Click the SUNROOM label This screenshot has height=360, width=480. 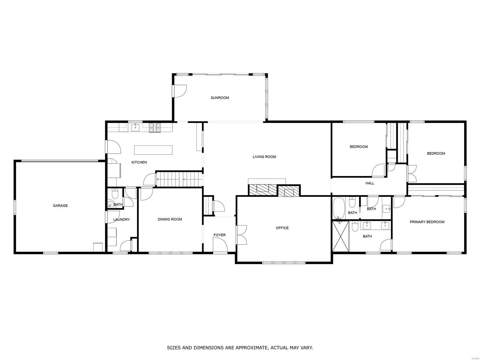click(220, 98)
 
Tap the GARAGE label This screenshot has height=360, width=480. click(60, 205)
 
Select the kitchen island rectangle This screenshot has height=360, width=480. click(153, 150)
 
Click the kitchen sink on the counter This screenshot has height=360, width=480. click(136, 127)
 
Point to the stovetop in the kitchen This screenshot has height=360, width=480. click(155, 128)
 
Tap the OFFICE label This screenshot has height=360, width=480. click(282, 228)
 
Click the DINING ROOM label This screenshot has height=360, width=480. click(170, 219)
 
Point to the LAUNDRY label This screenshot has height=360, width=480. click(121, 220)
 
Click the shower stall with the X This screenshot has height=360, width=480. click(340, 236)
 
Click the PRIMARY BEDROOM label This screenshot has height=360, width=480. click(427, 222)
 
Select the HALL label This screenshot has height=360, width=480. click(370, 183)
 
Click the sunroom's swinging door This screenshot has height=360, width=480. click(180, 91)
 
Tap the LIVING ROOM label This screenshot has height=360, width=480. click(264, 157)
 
